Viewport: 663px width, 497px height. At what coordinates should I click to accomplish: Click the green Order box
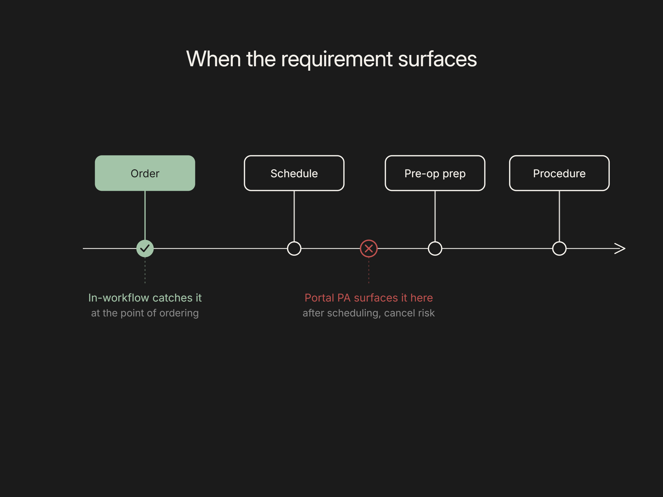(x=145, y=173)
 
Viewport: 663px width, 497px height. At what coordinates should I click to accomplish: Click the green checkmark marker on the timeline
(x=145, y=248)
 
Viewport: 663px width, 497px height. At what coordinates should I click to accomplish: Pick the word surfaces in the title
(x=438, y=59)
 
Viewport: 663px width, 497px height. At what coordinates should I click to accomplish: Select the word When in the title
(x=214, y=59)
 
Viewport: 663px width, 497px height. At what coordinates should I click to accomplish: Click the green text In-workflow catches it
(x=145, y=298)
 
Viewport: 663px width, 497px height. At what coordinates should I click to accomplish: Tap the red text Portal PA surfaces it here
(x=369, y=298)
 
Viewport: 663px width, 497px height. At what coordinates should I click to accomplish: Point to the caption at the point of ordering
(x=145, y=313)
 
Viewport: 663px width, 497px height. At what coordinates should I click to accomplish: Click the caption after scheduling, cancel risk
(x=369, y=313)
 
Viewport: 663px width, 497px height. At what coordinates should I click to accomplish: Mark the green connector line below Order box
(x=145, y=215)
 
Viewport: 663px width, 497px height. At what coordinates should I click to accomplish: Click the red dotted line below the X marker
(x=369, y=270)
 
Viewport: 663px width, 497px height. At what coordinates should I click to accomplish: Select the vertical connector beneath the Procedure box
(x=559, y=216)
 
